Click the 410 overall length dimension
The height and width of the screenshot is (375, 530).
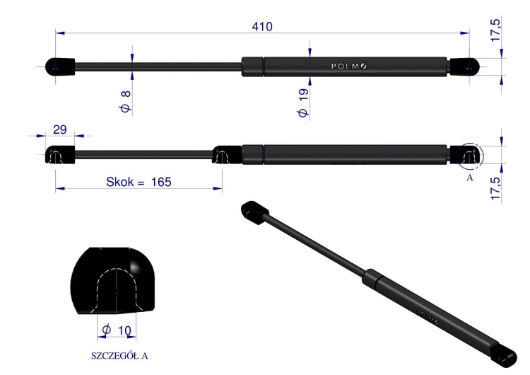262,26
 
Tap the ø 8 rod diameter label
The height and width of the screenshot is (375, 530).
125,102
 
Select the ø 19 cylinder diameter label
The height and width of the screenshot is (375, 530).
303,103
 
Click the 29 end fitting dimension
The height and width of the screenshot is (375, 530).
60,129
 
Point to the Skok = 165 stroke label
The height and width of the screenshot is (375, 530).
139,182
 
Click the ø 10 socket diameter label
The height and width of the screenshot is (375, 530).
117,330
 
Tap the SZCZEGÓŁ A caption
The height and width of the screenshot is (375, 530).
119,356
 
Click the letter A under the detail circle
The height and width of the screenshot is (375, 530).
470,178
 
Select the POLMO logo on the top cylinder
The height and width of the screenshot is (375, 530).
349,67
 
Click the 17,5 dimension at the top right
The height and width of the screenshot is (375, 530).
495,30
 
